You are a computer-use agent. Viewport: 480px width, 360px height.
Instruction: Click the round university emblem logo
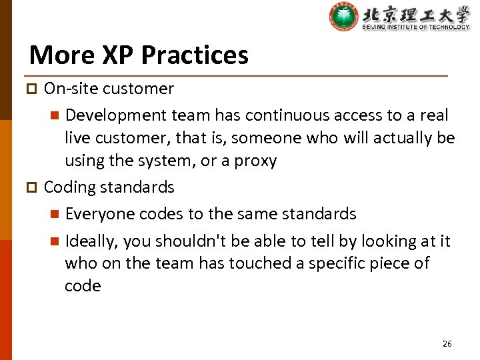[343, 17]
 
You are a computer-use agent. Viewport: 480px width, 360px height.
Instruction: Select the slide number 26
[447, 343]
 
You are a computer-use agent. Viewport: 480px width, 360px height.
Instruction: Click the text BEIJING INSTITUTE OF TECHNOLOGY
[415, 27]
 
